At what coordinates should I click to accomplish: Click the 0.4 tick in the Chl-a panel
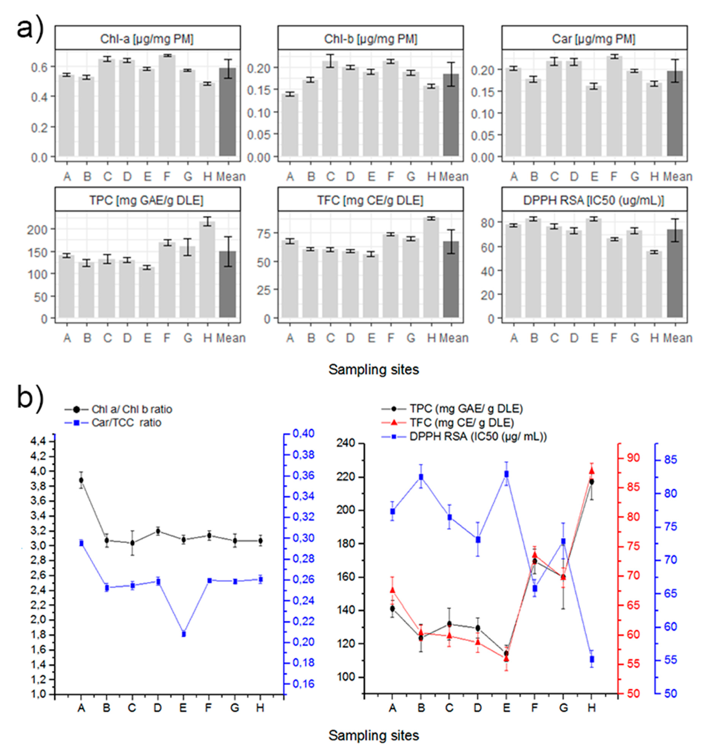click(39, 97)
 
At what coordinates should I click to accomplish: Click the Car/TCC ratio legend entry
click(126, 423)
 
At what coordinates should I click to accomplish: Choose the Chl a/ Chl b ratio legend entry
click(131, 409)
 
